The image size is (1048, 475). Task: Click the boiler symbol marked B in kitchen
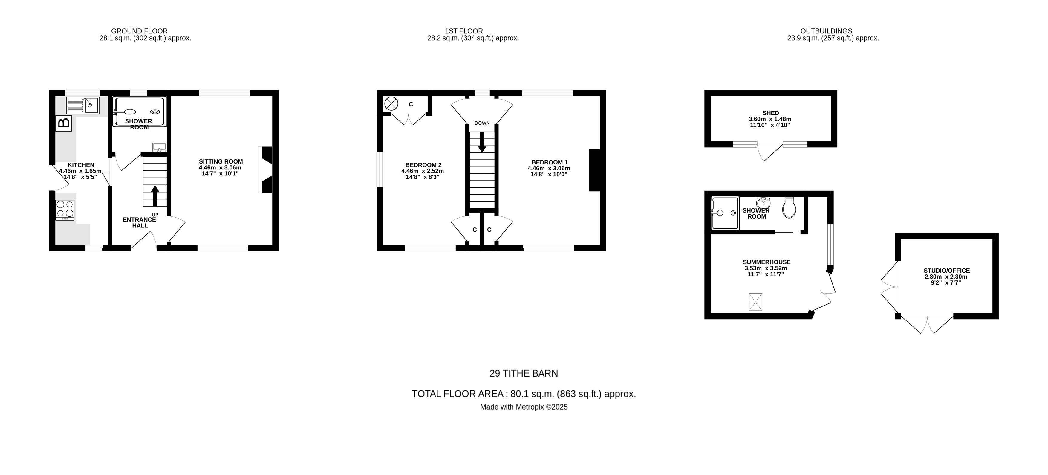[64, 123]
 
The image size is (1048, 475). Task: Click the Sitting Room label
[221, 162]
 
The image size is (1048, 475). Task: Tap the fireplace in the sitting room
[266, 170]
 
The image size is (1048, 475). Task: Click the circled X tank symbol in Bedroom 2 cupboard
[391, 103]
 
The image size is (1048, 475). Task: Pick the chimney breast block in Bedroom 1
[594, 170]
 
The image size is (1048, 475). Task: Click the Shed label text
[771, 113]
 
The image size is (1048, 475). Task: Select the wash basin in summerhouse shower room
[764, 203]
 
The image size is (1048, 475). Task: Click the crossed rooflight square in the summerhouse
[755, 302]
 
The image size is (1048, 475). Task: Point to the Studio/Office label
[946, 271]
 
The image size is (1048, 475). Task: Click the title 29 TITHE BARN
[524, 373]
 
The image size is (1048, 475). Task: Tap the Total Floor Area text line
[524, 394]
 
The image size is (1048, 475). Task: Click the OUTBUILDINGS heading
[826, 31]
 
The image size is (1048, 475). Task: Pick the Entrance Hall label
[140, 222]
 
